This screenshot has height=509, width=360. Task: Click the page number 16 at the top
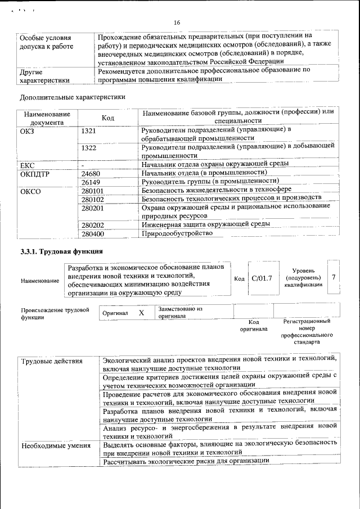177,23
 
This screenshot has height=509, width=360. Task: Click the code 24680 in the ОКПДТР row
91,173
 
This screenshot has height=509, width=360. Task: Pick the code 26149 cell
91,182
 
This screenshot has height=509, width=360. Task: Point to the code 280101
93,191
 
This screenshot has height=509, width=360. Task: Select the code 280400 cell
93,233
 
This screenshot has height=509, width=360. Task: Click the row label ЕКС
28,165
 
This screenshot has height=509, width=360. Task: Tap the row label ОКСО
30,191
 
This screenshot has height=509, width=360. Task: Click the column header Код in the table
108,118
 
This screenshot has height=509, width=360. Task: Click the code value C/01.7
262,277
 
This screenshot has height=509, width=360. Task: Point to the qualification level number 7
334,277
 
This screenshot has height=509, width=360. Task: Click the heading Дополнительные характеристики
71,97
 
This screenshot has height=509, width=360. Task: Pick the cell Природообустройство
177,233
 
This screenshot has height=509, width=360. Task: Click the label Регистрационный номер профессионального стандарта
307,331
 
